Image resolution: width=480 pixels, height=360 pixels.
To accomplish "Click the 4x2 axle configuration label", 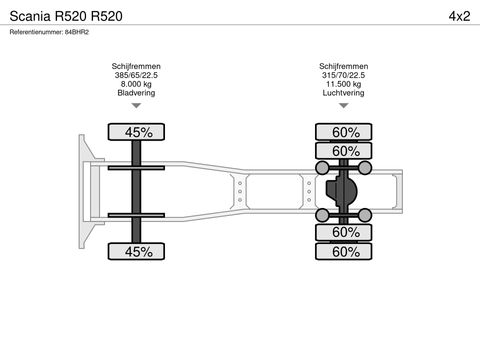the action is point(459,16).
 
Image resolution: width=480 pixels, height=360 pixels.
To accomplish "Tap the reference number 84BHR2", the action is point(77,32).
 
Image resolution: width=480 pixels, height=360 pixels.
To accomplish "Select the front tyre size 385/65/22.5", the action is point(136,75).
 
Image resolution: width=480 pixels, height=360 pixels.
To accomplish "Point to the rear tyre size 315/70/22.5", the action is point(343,75).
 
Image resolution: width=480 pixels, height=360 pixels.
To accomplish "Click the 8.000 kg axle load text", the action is point(136,84).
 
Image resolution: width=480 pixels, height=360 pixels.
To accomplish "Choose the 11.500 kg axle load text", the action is point(343,84).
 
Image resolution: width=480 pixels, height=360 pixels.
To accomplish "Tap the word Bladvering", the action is point(136,93).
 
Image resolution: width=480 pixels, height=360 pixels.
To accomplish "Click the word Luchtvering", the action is point(343,93).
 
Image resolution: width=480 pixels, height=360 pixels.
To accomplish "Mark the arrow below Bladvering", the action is point(136,106).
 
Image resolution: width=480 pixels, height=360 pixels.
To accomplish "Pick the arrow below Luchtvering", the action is point(344,106).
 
